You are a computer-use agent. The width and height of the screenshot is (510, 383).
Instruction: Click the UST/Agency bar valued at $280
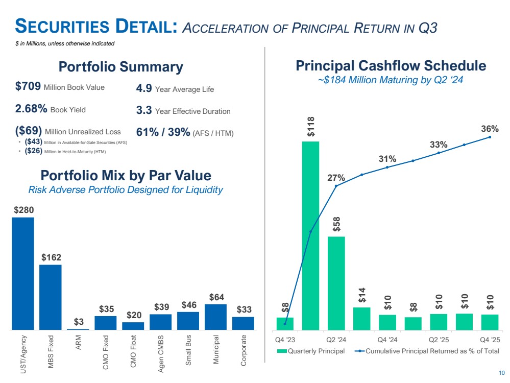point(23,273)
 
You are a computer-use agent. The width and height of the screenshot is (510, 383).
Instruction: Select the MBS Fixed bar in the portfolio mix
point(51,297)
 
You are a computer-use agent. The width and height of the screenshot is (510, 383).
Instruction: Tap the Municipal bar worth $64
point(215,317)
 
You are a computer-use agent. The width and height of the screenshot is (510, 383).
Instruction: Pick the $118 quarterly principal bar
point(310,235)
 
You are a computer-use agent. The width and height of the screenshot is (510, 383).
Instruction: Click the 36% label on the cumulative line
point(490,129)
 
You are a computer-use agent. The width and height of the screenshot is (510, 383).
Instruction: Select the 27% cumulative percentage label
point(336,178)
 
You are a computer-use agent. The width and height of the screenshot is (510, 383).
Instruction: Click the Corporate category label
point(244,350)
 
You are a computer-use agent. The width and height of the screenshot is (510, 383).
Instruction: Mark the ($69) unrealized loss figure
point(29,132)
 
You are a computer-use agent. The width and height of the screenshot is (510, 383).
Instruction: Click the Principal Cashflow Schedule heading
point(391,66)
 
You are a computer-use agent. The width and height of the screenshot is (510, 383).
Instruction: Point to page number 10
point(502,372)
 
